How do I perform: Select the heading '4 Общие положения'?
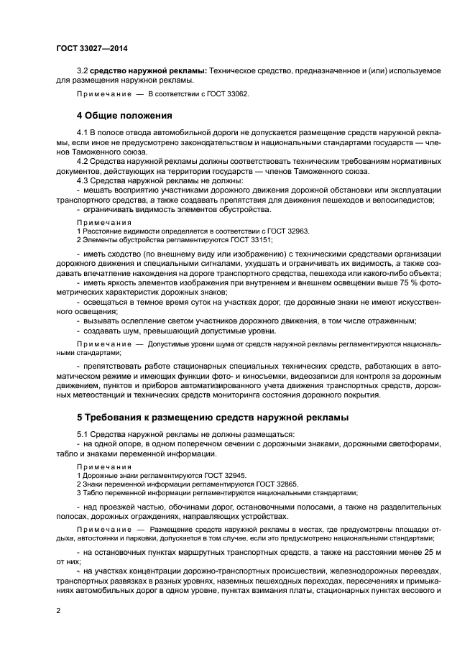(x=124, y=115)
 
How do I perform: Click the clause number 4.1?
(x=81, y=134)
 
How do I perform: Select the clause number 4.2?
(x=81, y=162)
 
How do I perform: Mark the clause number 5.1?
(x=81, y=435)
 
